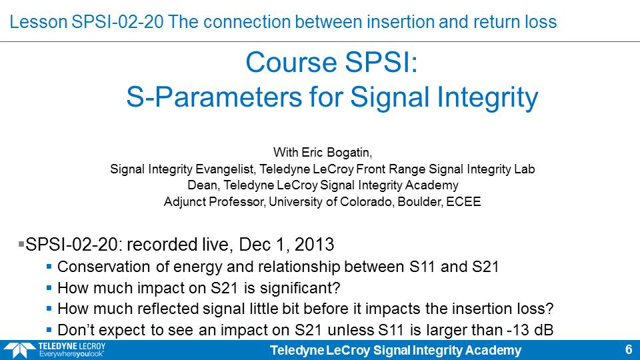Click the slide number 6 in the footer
[629, 350]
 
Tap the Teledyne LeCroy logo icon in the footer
[19, 350]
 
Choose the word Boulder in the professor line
[420, 201]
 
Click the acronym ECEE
[464, 201]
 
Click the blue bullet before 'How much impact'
[49, 288]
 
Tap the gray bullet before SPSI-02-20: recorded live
[21, 244]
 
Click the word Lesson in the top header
[39, 22]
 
